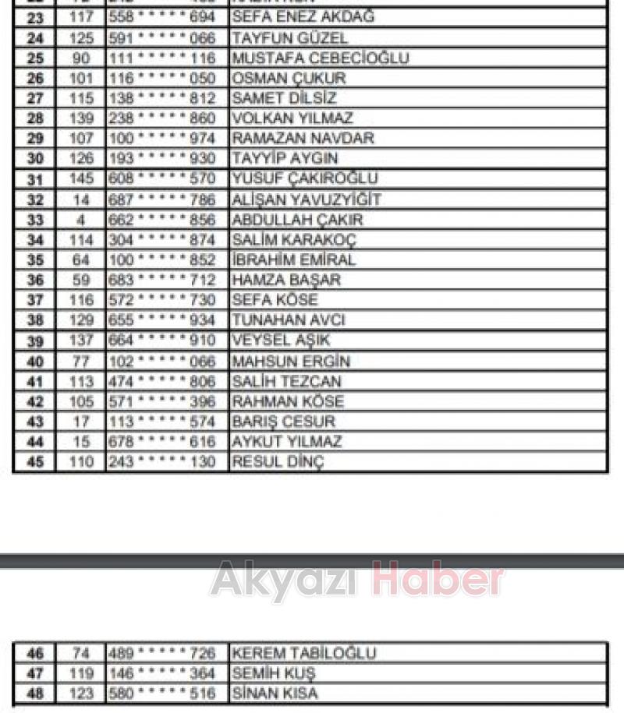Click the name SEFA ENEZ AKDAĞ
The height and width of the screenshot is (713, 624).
(x=303, y=17)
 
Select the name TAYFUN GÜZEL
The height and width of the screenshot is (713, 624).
(x=289, y=37)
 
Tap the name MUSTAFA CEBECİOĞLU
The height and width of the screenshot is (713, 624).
(x=320, y=58)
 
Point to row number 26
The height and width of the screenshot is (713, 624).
(x=35, y=78)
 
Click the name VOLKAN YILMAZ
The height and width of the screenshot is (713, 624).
(x=292, y=118)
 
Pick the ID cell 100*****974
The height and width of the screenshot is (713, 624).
(x=162, y=139)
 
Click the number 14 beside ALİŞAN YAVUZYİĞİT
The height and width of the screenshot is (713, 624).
(x=81, y=199)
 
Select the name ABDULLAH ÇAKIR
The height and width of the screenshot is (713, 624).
(x=297, y=220)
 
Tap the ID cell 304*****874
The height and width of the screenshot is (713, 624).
(x=162, y=240)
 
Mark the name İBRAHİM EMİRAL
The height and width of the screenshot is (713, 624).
(x=293, y=260)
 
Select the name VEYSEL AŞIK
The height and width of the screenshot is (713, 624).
(x=281, y=341)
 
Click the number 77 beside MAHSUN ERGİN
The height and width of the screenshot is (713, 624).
(x=81, y=362)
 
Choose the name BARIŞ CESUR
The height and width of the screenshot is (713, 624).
(x=283, y=422)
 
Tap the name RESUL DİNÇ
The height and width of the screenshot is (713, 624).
(x=277, y=462)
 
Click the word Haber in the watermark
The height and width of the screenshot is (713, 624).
(x=437, y=581)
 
